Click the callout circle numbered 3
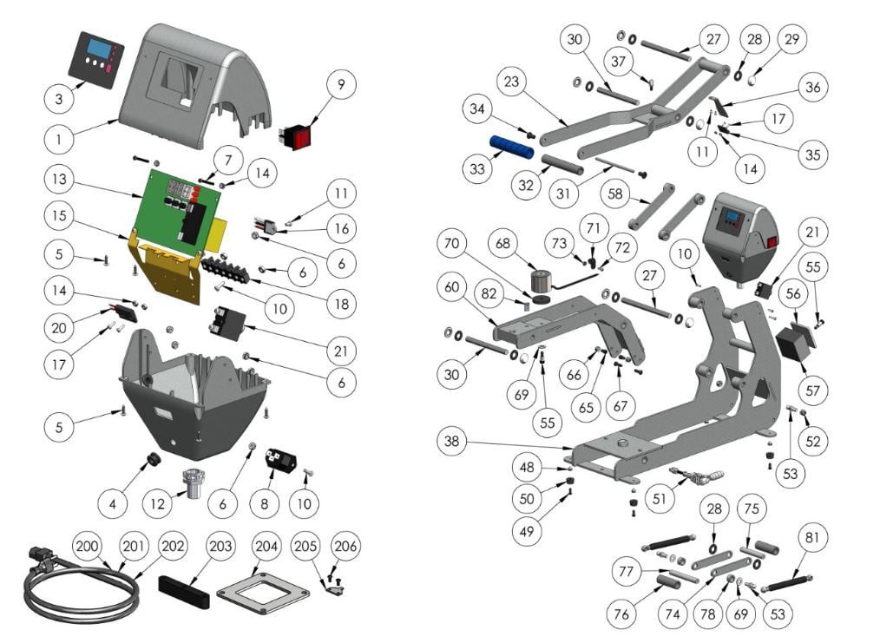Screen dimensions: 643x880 pyautogui.click(x=59, y=99)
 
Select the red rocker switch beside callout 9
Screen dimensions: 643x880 pyautogui.click(x=295, y=136)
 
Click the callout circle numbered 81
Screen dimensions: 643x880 pyautogui.click(x=812, y=538)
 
